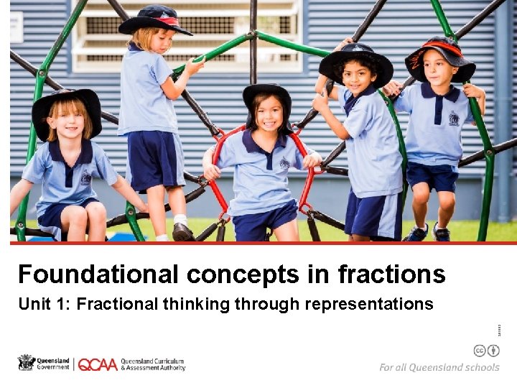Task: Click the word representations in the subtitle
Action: pyautogui.click(x=369, y=304)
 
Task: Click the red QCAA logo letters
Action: pyautogui.click(x=97, y=364)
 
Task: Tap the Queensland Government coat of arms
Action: pyautogui.click(x=27, y=363)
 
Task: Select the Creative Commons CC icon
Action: pyautogui.click(x=479, y=351)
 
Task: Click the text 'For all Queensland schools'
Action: pyautogui.click(x=439, y=367)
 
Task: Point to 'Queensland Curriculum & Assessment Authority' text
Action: pyautogui.click(x=152, y=364)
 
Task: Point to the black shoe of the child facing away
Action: pyautogui.click(x=182, y=231)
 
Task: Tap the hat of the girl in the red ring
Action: pyautogui.click(x=267, y=93)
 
